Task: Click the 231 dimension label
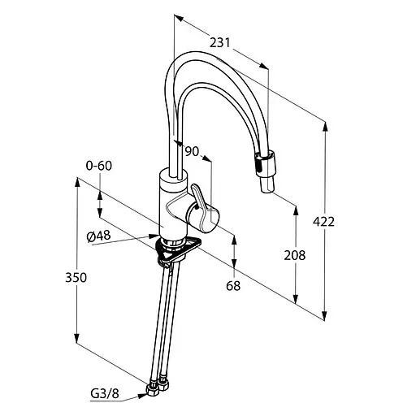tap(219, 43)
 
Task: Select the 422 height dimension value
tap(323, 222)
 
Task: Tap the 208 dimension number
tap(295, 255)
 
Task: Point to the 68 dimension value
tap(233, 286)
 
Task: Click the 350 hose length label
tap(76, 278)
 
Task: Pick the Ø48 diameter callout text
tap(98, 236)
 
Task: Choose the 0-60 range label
tap(98, 166)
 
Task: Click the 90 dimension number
tap(192, 151)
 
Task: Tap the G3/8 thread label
tap(105, 394)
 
